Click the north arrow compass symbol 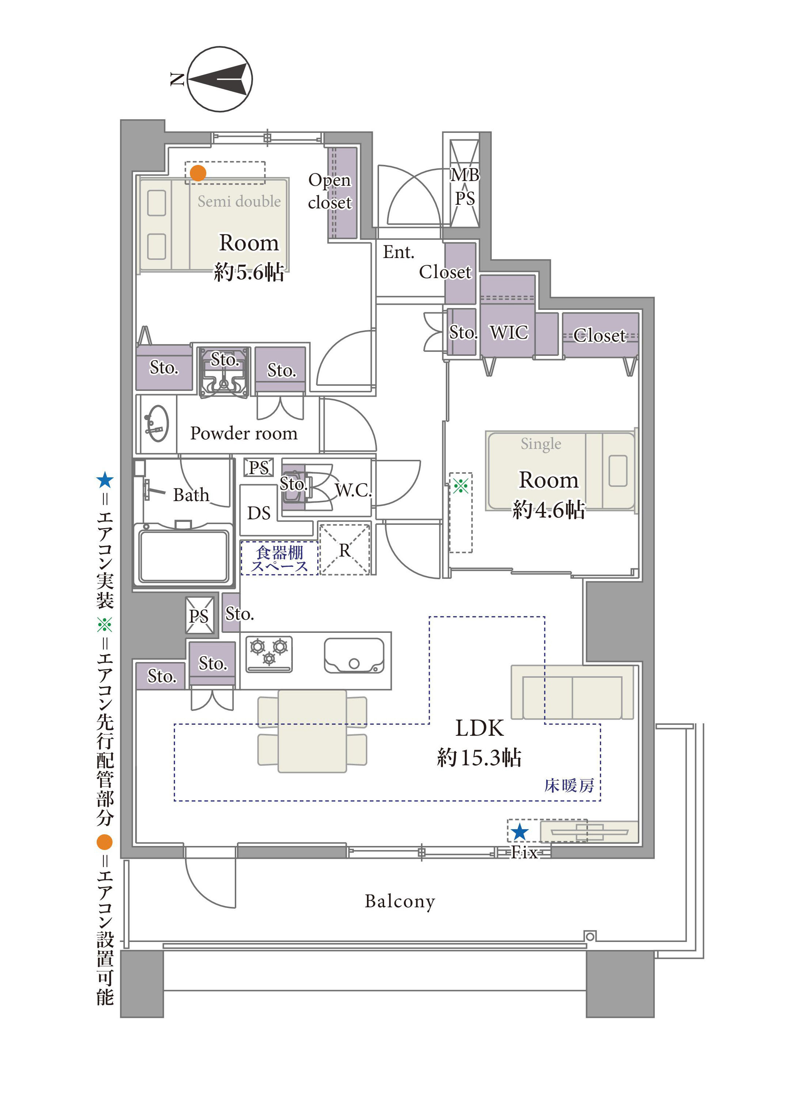point(220,79)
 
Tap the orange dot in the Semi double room point(198,173)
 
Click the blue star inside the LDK point(520,831)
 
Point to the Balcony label point(400,901)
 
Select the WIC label point(509,332)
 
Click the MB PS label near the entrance point(465,186)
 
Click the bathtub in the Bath point(184,554)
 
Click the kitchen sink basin point(354,656)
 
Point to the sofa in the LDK point(572,692)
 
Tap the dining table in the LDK point(312,731)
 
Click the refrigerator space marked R point(344,549)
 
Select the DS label point(259,513)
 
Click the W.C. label point(353,490)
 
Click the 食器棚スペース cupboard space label point(280,559)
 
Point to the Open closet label point(330,191)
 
